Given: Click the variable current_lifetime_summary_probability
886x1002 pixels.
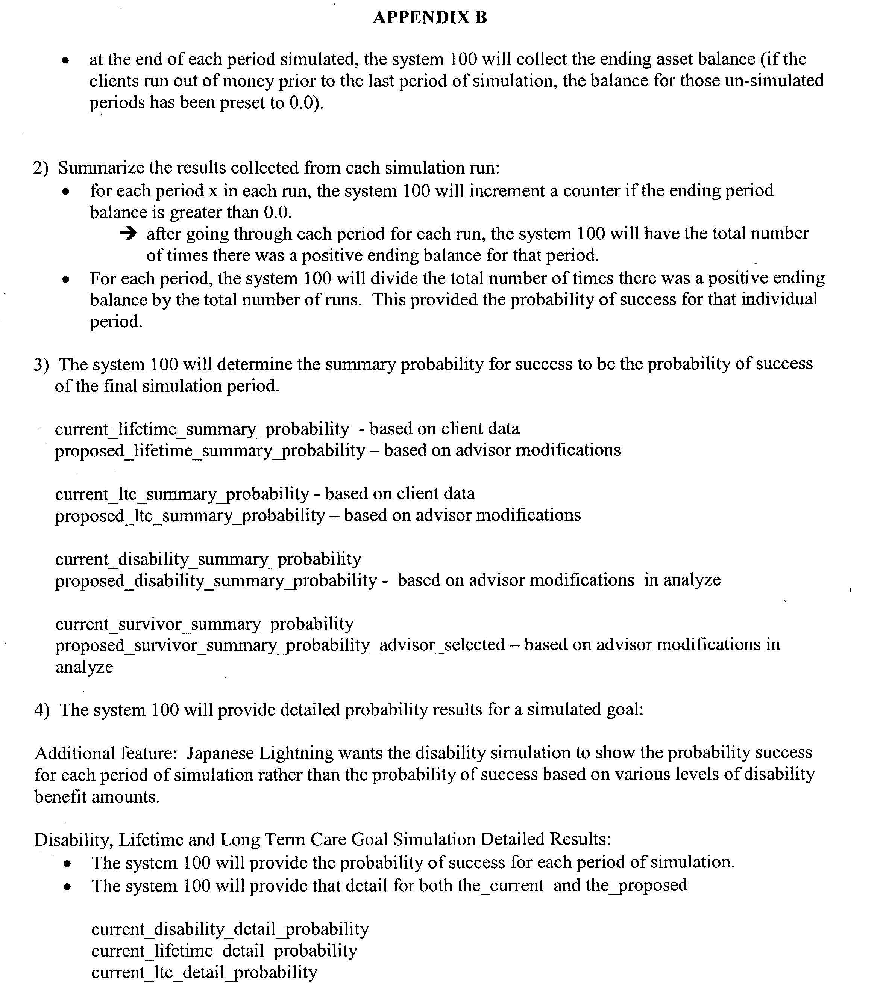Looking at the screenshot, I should (202, 429).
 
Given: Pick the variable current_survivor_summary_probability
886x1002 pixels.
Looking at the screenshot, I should (204, 624).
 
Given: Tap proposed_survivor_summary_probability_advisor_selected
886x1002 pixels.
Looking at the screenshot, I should (280, 645).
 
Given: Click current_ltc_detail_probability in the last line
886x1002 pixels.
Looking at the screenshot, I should (204, 972).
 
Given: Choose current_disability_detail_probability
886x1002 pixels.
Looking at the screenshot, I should (230, 929).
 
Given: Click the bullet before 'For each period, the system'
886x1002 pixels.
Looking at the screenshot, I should (66, 280).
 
